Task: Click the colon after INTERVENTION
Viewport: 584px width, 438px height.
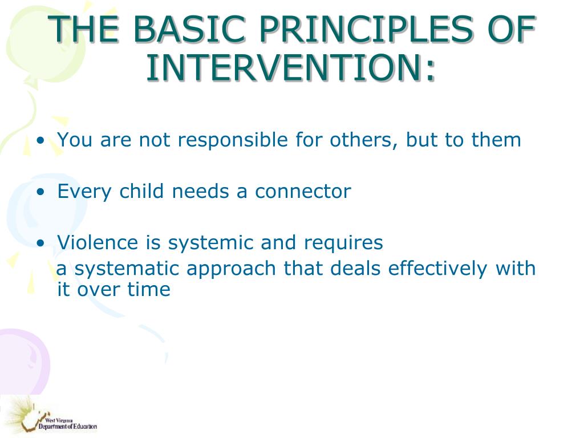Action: [430, 71]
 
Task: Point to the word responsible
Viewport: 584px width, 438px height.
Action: [233, 140]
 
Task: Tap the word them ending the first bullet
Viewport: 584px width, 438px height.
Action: [496, 140]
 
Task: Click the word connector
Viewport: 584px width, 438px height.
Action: [303, 192]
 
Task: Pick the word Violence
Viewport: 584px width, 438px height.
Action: [98, 242]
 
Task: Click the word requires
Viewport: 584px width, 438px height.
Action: [343, 243]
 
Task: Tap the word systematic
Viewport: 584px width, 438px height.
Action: [127, 269]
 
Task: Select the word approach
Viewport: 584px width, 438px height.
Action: [231, 269]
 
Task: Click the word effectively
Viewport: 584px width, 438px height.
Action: [437, 269]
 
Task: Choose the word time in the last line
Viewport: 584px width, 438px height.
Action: [149, 289]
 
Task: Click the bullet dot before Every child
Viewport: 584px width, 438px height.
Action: [40, 192]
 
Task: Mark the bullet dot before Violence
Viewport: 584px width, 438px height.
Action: [40, 243]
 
